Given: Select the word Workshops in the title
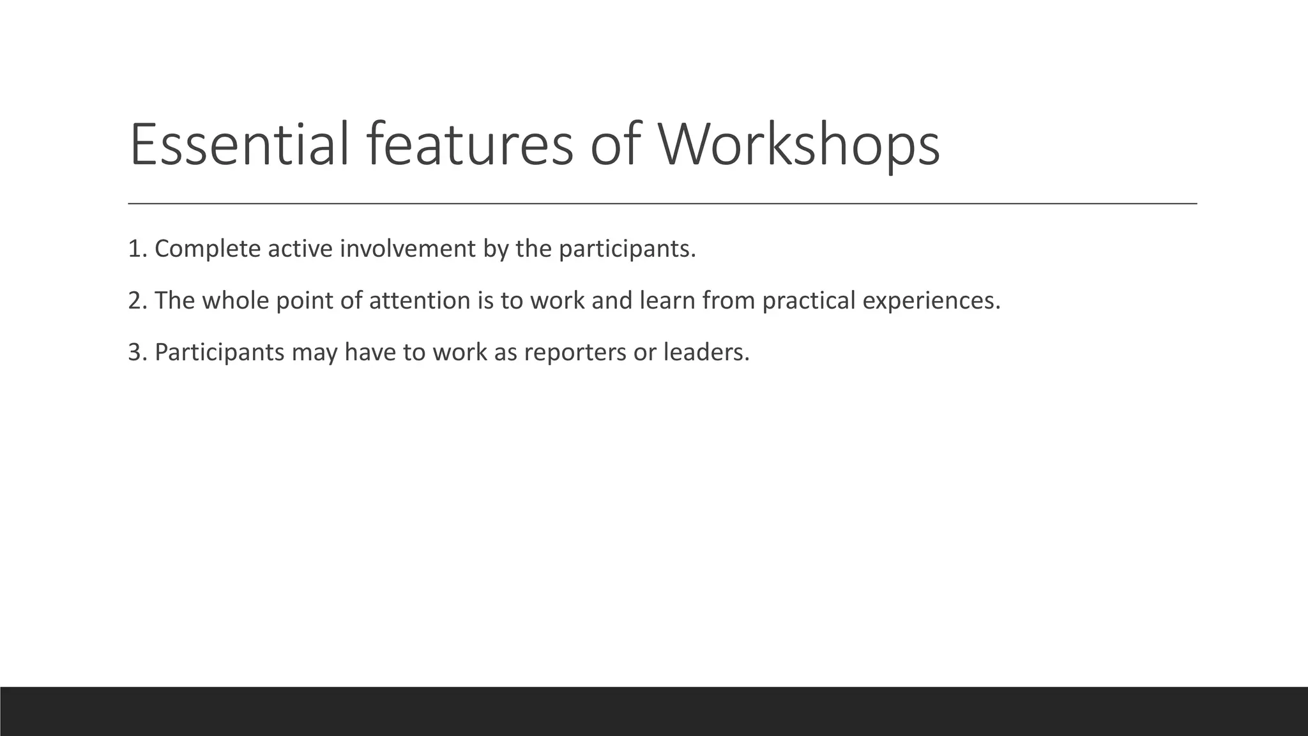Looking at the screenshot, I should click(x=798, y=146).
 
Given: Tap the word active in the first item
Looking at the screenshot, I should click(x=300, y=249).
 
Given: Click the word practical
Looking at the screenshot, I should click(x=809, y=301).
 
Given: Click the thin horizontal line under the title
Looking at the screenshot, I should click(x=662, y=203).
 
